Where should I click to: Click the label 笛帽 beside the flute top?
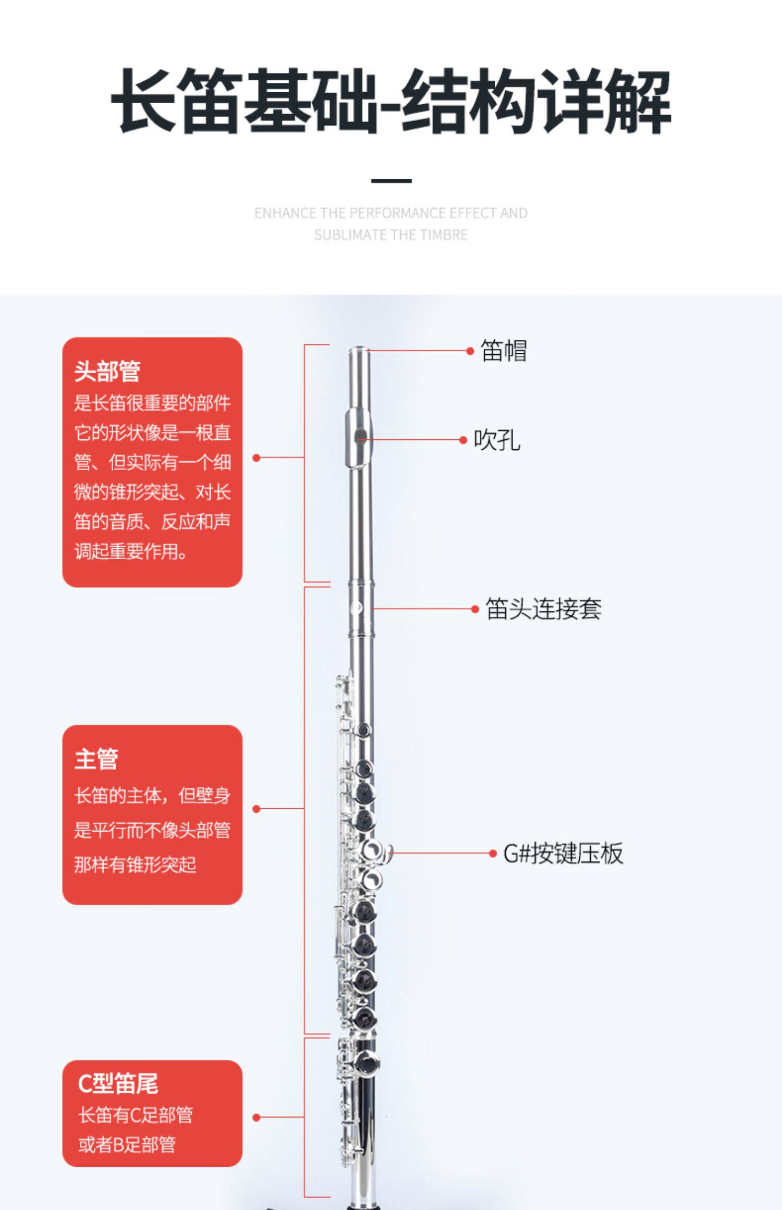(x=503, y=351)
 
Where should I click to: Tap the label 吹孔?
(x=496, y=440)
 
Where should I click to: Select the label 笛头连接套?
(x=543, y=609)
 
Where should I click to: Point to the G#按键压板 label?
(x=563, y=854)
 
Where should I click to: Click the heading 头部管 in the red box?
(x=107, y=371)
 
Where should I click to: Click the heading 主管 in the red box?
(x=96, y=759)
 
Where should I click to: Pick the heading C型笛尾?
(x=118, y=1084)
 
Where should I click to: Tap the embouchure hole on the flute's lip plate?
(x=360, y=436)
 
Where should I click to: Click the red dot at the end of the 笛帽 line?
(x=470, y=351)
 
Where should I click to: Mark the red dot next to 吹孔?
(x=463, y=440)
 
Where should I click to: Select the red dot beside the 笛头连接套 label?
(x=475, y=609)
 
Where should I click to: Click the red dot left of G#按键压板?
(x=493, y=854)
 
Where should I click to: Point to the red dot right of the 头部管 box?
(x=256, y=458)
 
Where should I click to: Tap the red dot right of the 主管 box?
(x=256, y=809)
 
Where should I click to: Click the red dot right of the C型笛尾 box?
(x=256, y=1117)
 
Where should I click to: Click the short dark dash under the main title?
(x=391, y=181)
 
